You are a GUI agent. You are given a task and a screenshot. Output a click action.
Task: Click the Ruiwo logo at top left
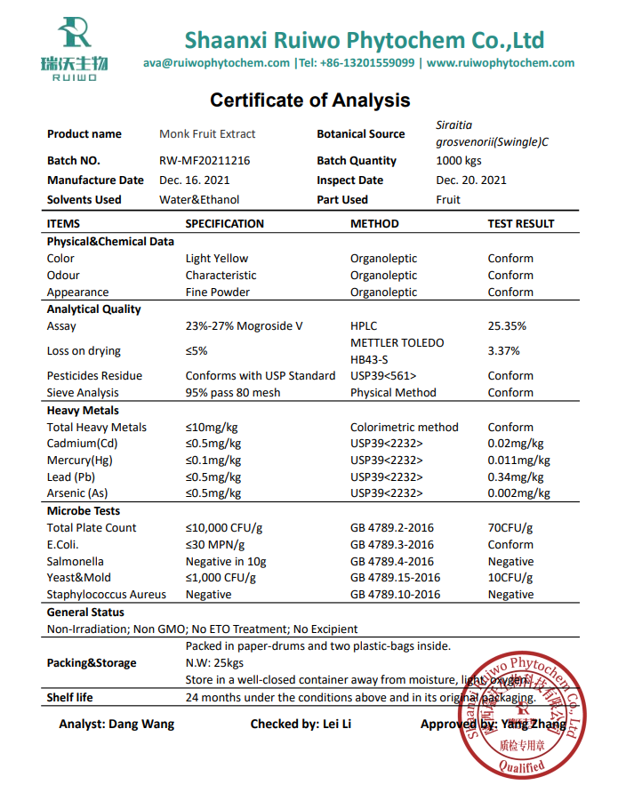pos(74,49)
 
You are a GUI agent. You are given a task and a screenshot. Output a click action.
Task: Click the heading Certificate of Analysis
pos(309,100)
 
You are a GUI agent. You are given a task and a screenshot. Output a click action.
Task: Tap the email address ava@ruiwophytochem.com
pos(216,63)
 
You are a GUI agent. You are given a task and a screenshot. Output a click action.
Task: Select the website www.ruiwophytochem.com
pos(501,63)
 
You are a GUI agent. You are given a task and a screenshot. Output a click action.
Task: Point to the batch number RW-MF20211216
pos(205,161)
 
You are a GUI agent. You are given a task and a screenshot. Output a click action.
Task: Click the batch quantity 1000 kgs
pos(459,161)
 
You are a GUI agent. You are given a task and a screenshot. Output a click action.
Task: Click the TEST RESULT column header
pos(520,224)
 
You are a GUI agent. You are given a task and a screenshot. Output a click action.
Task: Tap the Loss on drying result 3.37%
pos(504,351)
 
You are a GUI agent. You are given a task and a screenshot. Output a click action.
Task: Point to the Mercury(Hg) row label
pos(81,461)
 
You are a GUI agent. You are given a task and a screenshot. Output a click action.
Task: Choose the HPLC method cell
pos(365,326)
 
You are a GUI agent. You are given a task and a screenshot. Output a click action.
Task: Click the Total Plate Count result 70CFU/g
pos(510,528)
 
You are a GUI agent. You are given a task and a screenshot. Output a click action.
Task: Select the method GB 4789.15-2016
pos(395,578)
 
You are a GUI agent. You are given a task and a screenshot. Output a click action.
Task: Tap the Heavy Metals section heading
pos(83,411)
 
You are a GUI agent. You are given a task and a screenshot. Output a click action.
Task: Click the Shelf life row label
pos(70,698)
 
